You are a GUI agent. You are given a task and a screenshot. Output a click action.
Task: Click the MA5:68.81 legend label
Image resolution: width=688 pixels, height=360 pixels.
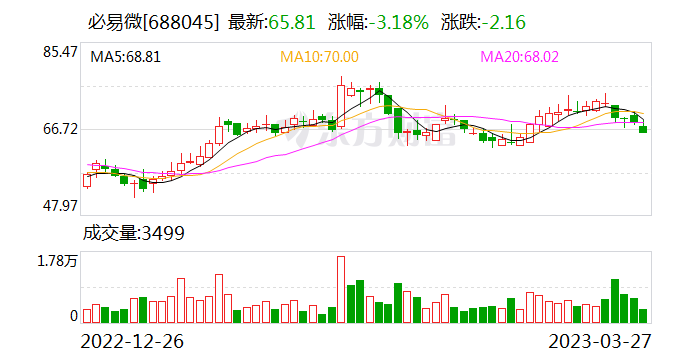click(x=125, y=58)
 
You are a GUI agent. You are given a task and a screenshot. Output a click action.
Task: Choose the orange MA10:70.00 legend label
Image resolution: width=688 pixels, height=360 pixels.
click(x=319, y=58)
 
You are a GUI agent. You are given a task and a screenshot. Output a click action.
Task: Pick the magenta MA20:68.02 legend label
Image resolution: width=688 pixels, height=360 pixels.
click(x=520, y=58)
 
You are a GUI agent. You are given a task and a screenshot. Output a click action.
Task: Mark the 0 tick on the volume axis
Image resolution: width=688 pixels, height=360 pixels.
click(x=73, y=316)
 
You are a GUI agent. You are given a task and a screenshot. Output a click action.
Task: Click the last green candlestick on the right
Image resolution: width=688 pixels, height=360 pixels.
click(x=643, y=129)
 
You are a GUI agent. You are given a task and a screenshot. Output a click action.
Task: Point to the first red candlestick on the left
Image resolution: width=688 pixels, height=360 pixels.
click(x=87, y=180)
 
